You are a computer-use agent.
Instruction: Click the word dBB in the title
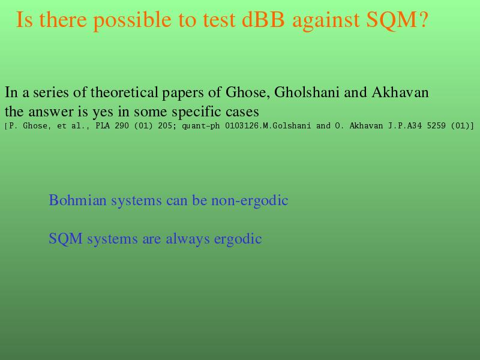(263, 20)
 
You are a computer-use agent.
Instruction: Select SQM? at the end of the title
(397, 20)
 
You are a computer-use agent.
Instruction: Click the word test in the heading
(219, 20)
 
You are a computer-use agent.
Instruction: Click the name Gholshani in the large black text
(307, 92)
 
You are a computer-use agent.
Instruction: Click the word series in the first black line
(51, 92)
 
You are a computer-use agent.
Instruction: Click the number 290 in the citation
(122, 126)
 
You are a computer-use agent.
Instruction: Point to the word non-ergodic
(250, 201)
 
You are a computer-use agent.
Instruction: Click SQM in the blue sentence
(65, 239)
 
